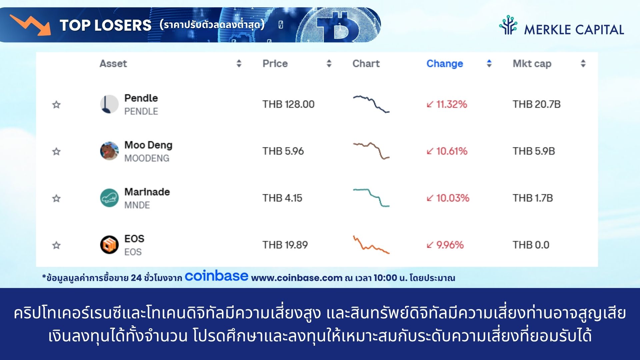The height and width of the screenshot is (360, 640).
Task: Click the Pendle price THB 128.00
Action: [x=288, y=104]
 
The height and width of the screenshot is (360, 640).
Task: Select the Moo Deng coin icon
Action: [x=109, y=151]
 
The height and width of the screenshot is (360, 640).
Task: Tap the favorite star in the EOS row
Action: [x=56, y=245]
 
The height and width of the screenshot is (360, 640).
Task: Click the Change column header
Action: [x=445, y=63]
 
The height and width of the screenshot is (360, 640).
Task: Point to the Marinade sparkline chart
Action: [x=371, y=198]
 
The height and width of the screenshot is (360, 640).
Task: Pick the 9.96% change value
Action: [x=445, y=245]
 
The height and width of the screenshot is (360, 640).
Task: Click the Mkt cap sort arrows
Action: [x=583, y=63]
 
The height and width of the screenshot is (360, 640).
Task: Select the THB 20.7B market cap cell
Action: [x=536, y=104]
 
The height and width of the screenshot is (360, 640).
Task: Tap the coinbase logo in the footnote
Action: [x=216, y=276]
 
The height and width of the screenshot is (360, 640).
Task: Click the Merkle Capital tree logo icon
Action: [x=508, y=25]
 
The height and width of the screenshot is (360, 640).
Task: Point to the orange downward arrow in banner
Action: [x=31, y=25]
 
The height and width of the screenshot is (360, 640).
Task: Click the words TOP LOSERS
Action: [x=105, y=25]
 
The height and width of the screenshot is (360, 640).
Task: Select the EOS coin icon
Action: [x=109, y=245]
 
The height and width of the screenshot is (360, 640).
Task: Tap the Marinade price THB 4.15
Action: [x=282, y=198]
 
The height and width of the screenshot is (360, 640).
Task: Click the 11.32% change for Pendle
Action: [x=447, y=104]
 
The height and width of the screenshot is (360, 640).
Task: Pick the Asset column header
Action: [x=113, y=63]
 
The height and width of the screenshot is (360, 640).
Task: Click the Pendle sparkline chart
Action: [x=371, y=104]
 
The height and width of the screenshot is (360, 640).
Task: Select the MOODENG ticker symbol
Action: [x=147, y=158]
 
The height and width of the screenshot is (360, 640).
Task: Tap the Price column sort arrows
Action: [x=329, y=63]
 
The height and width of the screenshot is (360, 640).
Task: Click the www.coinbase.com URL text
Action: [x=297, y=278]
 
